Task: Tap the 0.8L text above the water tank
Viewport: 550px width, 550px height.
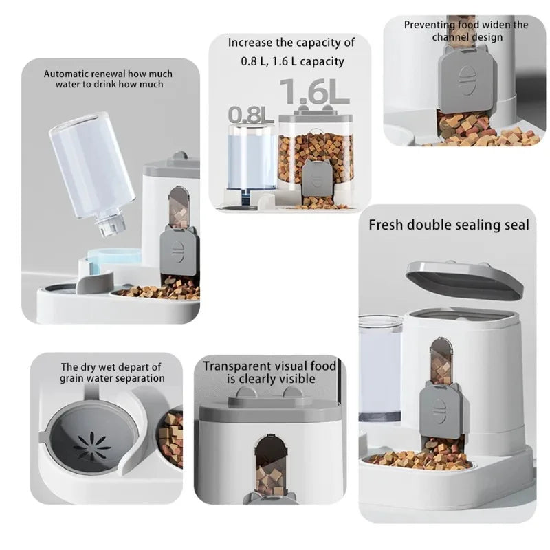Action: pos(251,114)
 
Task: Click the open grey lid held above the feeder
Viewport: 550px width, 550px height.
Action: pos(464,279)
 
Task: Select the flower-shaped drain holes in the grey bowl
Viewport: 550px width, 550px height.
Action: pos(92,445)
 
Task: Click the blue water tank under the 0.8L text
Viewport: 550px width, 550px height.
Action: pos(250,158)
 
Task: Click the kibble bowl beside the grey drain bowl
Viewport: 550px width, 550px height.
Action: pos(170,437)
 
